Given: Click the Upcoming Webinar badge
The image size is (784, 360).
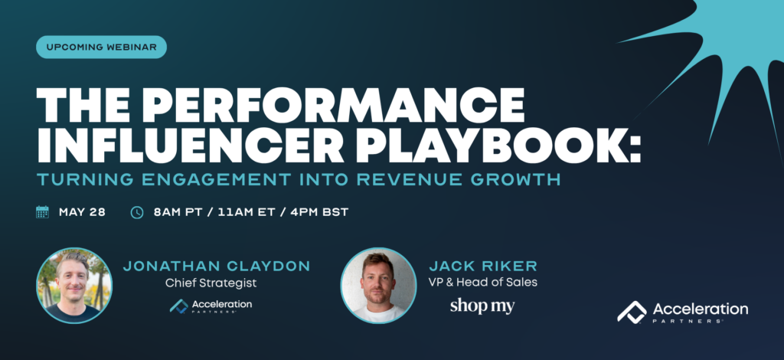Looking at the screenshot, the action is (101, 47).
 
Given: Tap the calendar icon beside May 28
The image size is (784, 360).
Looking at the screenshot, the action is (43, 212).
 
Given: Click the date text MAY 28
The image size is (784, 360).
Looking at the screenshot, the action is (82, 212).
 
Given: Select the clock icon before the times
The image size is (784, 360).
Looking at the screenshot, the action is (137, 212).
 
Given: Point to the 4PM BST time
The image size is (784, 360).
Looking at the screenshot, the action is (319, 212).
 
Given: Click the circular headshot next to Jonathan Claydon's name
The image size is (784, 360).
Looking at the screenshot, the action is (74, 286).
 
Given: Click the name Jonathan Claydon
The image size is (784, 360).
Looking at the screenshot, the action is (217, 266).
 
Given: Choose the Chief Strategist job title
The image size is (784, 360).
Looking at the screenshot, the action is (211, 283).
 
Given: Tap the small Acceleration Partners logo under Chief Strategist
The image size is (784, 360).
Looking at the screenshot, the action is (211, 306).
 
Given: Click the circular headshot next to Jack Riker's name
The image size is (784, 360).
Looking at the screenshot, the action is (378, 286).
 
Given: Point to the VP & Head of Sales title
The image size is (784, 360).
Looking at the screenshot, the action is (483, 282).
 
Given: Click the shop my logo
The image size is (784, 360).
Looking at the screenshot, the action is (482, 306).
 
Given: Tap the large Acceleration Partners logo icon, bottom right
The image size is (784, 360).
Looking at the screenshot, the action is (632, 312).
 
